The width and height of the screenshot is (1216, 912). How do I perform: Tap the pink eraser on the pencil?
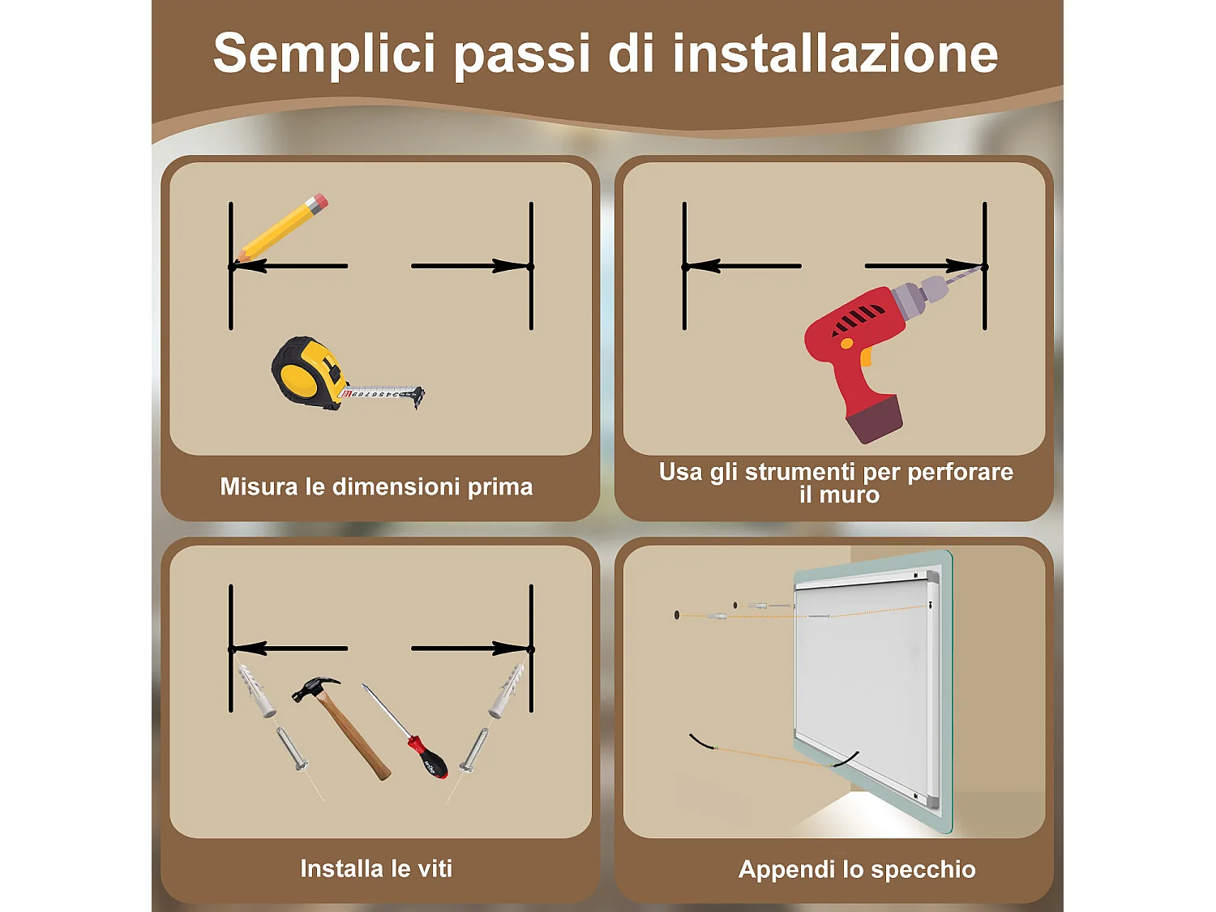(x=319, y=201)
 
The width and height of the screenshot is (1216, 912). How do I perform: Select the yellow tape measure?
(x=308, y=371)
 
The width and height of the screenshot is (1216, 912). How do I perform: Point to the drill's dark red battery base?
(x=874, y=419)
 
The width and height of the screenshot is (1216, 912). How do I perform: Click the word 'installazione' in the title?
(x=835, y=54)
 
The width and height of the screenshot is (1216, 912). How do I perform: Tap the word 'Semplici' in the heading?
(x=324, y=54)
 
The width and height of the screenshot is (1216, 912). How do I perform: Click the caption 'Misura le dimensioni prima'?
(x=376, y=486)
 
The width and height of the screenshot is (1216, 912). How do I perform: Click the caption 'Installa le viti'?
(x=376, y=868)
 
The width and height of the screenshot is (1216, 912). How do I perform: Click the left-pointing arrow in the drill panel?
(x=742, y=266)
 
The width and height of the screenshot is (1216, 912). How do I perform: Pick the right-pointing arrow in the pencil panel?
(x=470, y=266)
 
